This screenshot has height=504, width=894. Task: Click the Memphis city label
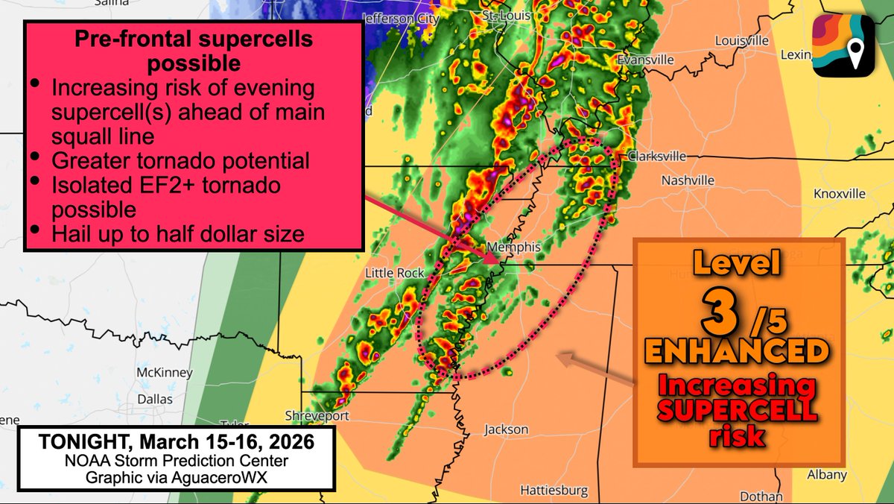click(513, 247)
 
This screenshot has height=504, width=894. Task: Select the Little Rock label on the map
click(394, 274)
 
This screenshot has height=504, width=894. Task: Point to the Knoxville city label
click(840, 193)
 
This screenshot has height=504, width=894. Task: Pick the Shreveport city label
click(316, 415)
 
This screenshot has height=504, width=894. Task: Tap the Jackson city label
click(506, 429)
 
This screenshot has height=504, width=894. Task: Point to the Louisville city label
click(741, 40)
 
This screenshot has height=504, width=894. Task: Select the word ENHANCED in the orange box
click(737, 350)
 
